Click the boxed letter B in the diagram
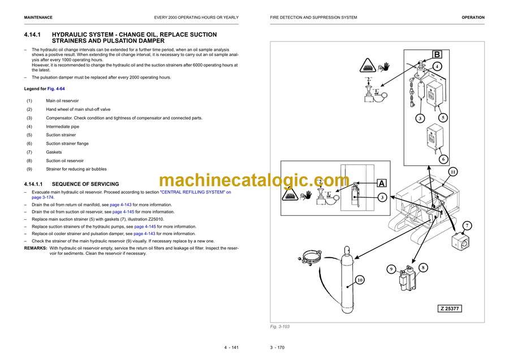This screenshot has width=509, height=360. (437, 55)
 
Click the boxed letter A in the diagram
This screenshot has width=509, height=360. (382, 183)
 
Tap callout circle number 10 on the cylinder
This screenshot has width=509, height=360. (360, 280)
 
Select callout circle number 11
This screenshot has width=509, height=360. (453, 172)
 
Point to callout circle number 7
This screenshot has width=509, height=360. (467, 226)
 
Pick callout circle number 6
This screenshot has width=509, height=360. (443, 159)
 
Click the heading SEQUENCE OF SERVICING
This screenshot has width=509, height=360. (85, 184)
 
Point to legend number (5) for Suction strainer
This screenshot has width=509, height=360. (29, 135)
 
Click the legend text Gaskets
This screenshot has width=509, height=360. (54, 152)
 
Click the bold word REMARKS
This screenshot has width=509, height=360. (35, 248)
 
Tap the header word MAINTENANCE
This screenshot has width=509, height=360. (38, 18)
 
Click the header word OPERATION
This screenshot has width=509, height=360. (473, 18)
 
